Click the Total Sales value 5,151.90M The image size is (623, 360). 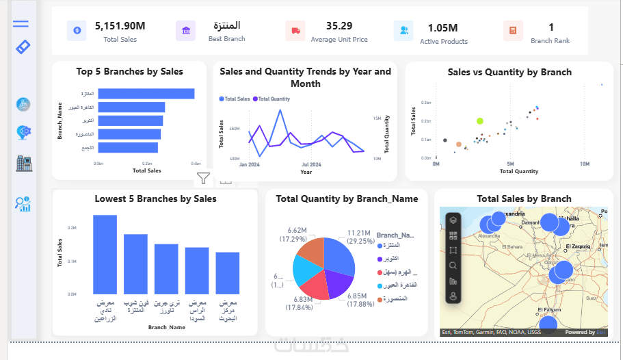click(x=120, y=26)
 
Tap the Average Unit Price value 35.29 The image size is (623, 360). click(x=339, y=26)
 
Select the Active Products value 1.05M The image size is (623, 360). click(x=443, y=28)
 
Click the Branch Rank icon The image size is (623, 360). click(x=513, y=30)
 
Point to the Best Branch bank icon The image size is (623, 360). click(x=185, y=30)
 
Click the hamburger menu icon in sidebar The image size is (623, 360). click(x=21, y=24)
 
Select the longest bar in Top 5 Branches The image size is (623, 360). click(x=146, y=94)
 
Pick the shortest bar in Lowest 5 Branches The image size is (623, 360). click(x=228, y=272)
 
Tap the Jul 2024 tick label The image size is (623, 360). click(x=311, y=165)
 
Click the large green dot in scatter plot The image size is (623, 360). click(x=480, y=120)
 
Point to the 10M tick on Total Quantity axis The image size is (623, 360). click(x=585, y=164)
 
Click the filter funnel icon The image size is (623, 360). click(x=203, y=179)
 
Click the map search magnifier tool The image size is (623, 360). click(x=453, y=266)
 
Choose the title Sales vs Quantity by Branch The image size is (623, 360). click(x=509, y=72)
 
